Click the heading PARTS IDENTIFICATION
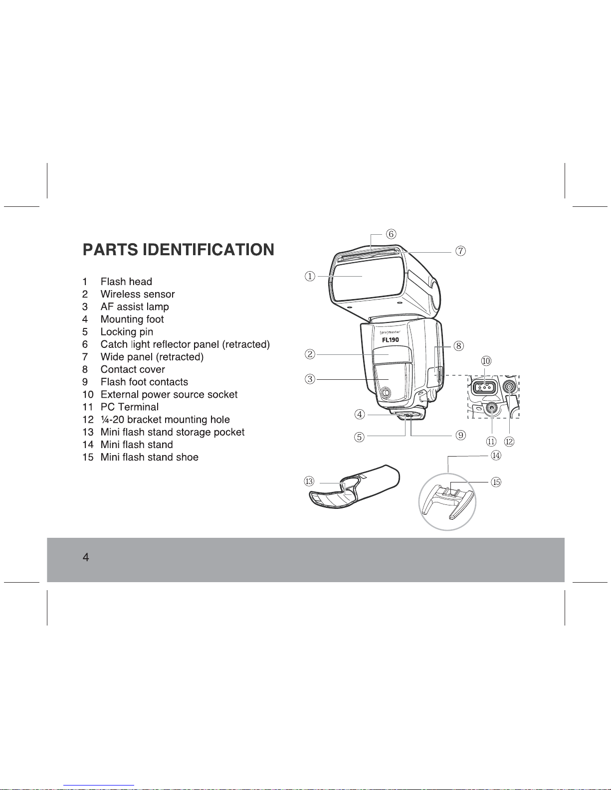click(x=178, y=249)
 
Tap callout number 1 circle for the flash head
click(x=310, y=276)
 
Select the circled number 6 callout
click(x=392, y=234)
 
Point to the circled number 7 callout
click(x=460, y=251)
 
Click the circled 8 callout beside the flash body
click(x=459, y=345)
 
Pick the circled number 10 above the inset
click(x=486, y=361)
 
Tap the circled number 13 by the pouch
click(x=309, y=481)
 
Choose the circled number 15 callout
click(x=496, y=482)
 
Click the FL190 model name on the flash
click(x=391, y=340)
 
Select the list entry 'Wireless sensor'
click(x=138, y=294)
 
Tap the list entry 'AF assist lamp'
click(x=135, y=307)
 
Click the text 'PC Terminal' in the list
click(x=130, y=407)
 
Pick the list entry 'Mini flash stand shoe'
click(x=150, y=457)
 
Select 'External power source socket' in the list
click(x=169, y=394)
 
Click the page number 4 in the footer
click(x=86, y=557)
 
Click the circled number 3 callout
click(x=310, y=379)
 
